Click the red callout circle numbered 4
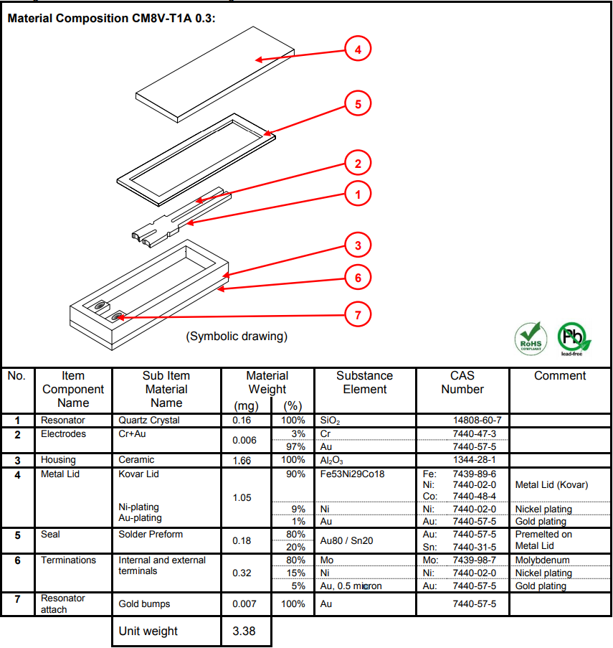pyautogui.click(x=358, y=50)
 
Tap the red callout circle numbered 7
pyautogui.click(x=358, y=314)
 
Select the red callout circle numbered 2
pyautogui.click(x=358, y=163)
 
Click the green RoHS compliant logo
pyautogui.click(x=530, y=337)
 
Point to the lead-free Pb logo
pyautogui.click(x=574, y=337)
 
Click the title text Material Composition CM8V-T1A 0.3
pyautogui.click(x=111, y=18)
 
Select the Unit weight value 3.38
pyautogui.click(x=244, y=631)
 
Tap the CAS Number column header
pyautogui.click(x=462, y=382)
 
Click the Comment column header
pyautogui.click(x=559, y=376)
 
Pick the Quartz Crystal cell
pyautogui.click(x=149, y=420)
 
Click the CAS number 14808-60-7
pyautogui.click(x=477, y=420)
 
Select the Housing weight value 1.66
pyautogui.click(x=242, y=460)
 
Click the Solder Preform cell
pyautogui.click(x=151, y=535)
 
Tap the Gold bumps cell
pyautogui.click(x=144, y=604)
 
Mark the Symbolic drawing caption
pyautogui.click(x=237, y=336)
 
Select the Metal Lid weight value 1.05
pyautogui.click(x=242, y=497)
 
